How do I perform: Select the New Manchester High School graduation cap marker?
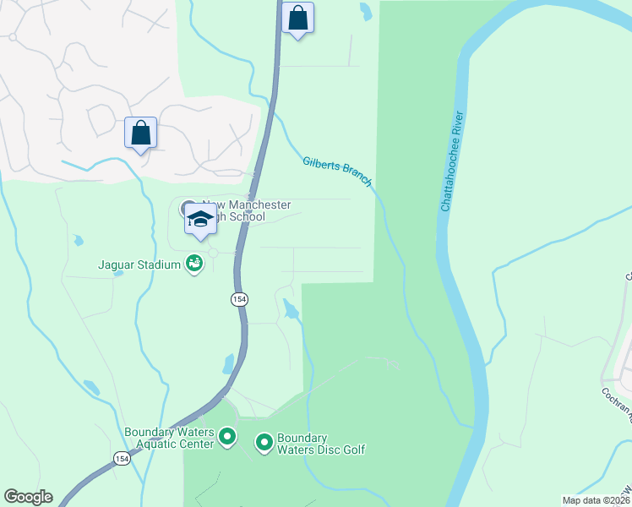coord(201,220)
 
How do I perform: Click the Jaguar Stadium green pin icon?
coord(195,264)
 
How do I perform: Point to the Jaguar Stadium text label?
coord(140,264)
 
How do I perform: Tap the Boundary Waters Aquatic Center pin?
coord(226,437)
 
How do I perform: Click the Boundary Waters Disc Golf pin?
coord(264,441)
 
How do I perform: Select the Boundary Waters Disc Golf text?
coord(322,444)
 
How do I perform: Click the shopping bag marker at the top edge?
coord(297,18)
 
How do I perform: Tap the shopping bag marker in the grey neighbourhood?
coord(140,134)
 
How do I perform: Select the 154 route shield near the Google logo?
coord(122,457)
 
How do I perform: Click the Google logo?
coord(28,497)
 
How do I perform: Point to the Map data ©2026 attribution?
coord(597,500)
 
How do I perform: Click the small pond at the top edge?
coord(365,11)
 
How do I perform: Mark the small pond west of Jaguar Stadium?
coord(79,240)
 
